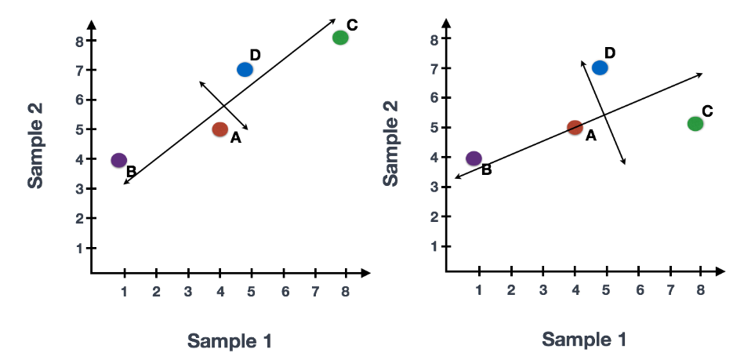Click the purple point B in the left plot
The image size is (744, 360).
coord(119,160)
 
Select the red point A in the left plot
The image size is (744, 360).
coord(220,129)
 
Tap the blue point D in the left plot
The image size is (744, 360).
coord(245,70)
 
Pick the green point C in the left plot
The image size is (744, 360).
coord(340,38)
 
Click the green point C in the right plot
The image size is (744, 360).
coord(695,123)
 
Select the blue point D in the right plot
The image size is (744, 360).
coord(601,67)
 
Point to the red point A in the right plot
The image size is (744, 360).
coord(575,127)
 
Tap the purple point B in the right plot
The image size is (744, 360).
coord(474,158)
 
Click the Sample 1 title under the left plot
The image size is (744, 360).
coord(229,340)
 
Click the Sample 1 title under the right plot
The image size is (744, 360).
coord(585,339)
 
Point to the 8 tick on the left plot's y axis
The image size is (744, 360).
coord(80,41)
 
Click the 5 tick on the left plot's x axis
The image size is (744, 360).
coord(252,292)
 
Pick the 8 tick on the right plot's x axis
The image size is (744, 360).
coord(701,289)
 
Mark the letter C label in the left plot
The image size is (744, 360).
coord(352,25)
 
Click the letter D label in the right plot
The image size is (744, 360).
coord(610,53)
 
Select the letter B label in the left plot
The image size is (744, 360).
coord(131,171)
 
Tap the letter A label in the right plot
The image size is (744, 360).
coord(590,136)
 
